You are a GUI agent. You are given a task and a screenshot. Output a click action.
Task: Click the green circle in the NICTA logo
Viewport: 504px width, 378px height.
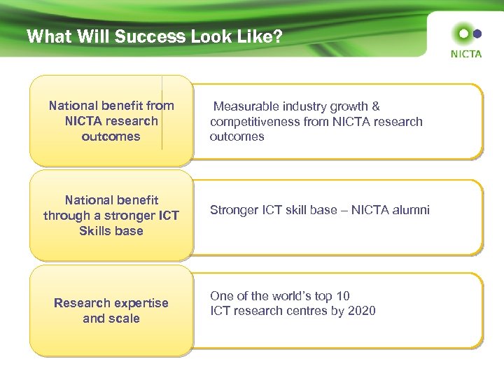(x=462, y=33)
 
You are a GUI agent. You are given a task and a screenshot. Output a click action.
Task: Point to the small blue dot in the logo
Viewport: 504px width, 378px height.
(x=477, y=33)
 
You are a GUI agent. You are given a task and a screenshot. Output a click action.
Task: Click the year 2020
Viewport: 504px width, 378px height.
(x=360, y=311)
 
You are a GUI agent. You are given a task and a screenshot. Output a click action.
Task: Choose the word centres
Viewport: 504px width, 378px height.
(x=316, y=311)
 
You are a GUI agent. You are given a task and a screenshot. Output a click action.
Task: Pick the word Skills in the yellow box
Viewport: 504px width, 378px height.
(x=96, y=230)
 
